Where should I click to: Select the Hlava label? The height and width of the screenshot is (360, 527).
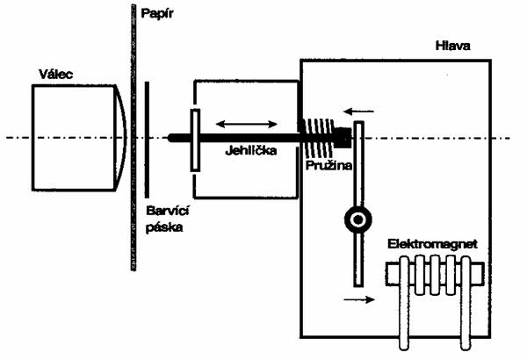coord(454,45)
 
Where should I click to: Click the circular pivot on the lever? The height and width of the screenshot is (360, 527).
coord(358,220)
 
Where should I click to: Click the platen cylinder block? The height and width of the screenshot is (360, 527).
coord(76,138)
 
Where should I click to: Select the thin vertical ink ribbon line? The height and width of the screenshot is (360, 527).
coord(147,138)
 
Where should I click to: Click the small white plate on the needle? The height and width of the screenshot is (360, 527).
coord(193,138)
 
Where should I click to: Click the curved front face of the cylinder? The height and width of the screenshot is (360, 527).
coord(122,138)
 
